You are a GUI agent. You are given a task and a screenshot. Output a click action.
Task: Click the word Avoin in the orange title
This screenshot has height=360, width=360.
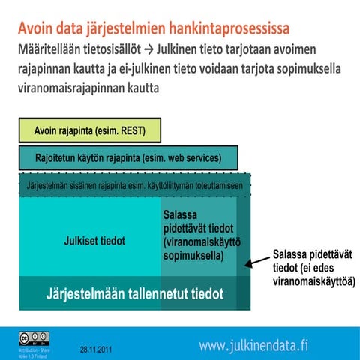click(39, 31)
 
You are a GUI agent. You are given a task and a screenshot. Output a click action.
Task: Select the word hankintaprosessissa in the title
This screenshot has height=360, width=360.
click(229, 31)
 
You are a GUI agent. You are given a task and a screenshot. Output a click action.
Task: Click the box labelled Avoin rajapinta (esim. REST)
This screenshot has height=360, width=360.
click(89, 130)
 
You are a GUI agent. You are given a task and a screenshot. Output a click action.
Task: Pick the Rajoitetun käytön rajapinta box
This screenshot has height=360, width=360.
click(128, 158)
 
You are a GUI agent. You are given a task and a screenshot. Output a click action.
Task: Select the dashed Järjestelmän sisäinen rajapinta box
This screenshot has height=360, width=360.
click(134, 184)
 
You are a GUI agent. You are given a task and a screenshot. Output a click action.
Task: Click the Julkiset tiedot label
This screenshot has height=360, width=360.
click(94, 241)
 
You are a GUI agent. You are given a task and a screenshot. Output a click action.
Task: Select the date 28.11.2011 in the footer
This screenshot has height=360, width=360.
click(97, 349)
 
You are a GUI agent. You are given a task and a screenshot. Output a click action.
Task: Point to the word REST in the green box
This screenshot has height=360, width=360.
click(141, 130)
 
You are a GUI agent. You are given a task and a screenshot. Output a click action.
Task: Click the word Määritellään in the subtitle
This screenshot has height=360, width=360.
click(52, 52)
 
